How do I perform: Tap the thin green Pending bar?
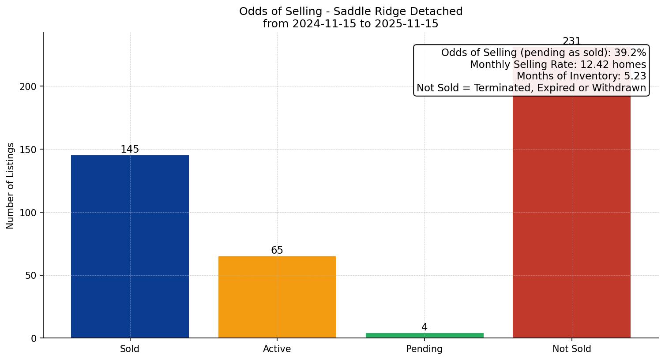point(425,336)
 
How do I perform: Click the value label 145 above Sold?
point(130,150)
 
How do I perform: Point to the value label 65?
point(277,251)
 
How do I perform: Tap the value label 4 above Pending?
point(425,327)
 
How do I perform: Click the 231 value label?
point(572,41)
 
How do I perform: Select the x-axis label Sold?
point(130,349)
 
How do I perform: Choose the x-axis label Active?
point(277,349)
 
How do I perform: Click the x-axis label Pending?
point(425,349)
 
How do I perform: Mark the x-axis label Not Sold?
point(571,349)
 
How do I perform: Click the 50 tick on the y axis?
point(30,276)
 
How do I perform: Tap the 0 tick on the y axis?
point(33,338)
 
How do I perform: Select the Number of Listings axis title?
point(11,185)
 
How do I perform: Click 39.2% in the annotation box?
point(630,53)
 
